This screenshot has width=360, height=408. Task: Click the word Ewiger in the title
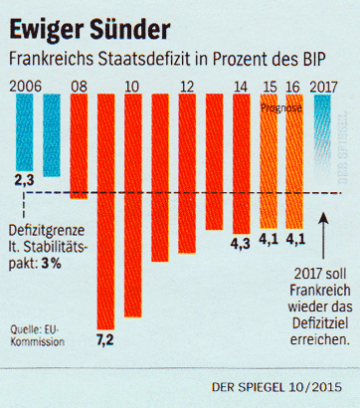pyautogui.click(x=45, y=23)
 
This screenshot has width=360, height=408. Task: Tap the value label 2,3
pyautogui.click(x=26, y=180)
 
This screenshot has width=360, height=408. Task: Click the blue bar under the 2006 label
pyautogui.click(x=27, y=129)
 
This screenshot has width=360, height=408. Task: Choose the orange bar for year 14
pyautogui.click(x=241, y=159)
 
